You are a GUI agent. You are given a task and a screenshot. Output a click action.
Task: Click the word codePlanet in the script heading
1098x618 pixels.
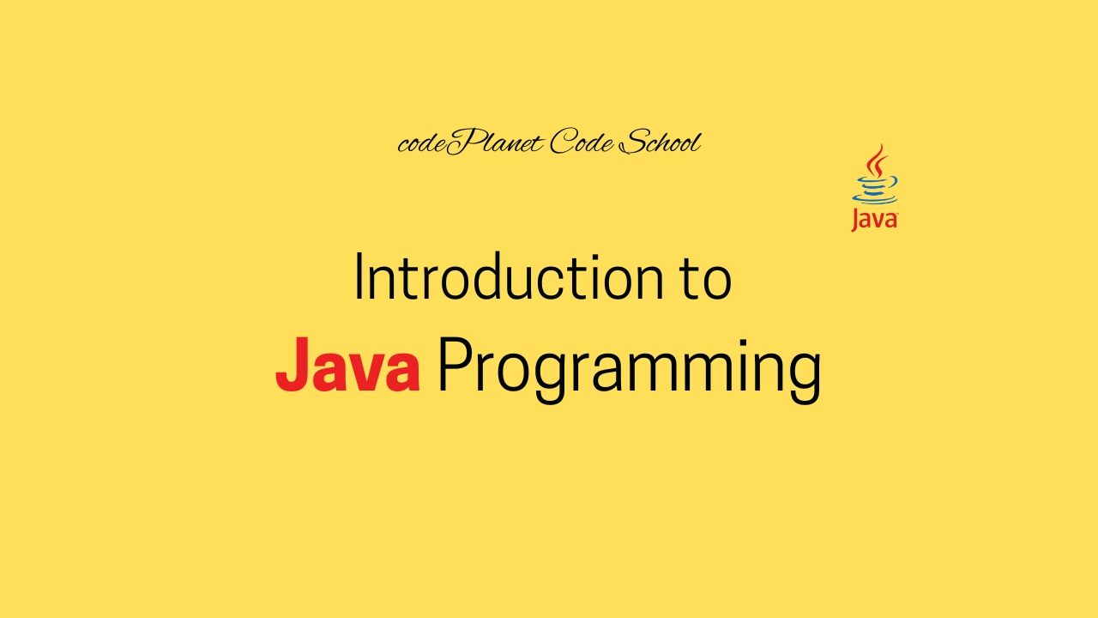pyautogui.click(x=471, y=142)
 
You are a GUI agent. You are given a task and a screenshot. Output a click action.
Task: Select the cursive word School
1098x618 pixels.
pyautogui.click(x=661, y=142)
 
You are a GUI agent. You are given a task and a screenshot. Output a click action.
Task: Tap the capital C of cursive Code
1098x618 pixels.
pyautogui.click(x=564, y=142)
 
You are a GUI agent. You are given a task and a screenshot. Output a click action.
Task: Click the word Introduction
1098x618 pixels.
pyautogui.click(x=510, y=276)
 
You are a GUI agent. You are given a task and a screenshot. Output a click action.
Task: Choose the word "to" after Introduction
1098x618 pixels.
pyautogui.click(x=707, y=279)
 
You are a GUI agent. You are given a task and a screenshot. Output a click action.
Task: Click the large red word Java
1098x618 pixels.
pyautogui.click(x=347, y=364)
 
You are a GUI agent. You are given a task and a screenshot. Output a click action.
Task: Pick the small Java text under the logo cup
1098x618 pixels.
pyautogui.click(x=874, y=220)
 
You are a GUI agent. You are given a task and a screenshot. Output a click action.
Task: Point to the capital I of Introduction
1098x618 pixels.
pyautogui.click(x=359, y=276)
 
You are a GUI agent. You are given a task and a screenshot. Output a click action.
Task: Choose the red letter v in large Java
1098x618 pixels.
pyautogui.click(x=365, y=372)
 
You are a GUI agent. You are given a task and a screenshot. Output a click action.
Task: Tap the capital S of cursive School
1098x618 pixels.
pyautogui.click(x=634, y=142)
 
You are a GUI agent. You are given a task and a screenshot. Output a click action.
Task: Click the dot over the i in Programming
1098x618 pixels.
pyautogui.click(x=742, y=342)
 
